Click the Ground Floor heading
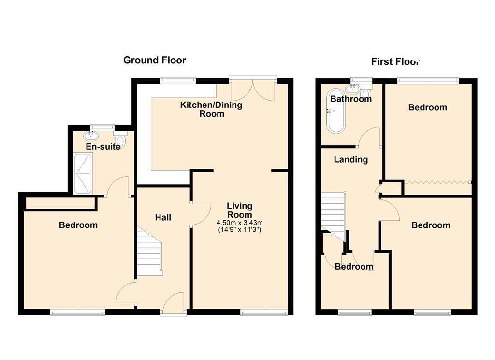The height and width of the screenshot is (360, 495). (154, 60)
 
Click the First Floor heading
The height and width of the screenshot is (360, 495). (395, 61)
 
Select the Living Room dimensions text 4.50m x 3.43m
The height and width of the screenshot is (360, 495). (239, 223)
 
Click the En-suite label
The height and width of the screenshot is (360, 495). (102, 146)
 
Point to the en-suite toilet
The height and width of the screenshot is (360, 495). (121, 140)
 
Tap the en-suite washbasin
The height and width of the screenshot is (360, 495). (90, 136)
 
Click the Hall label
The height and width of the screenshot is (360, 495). (163, 218)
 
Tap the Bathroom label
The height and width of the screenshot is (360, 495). (350, 99)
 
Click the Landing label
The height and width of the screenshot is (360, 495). (351, 159)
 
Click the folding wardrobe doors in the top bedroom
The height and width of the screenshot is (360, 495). (438, 182)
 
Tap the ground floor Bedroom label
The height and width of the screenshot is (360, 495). (78, 225)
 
